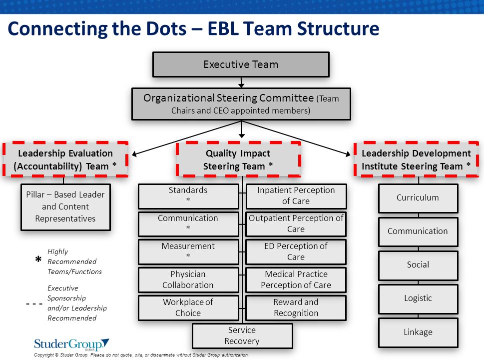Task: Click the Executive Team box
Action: pyautogui.click(x=241, y=64)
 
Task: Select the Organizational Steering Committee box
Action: pyautogui.click(x=241, y=104)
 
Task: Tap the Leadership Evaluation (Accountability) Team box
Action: pyautogui.click(x=65, y=159)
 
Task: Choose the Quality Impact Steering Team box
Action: pyautogui.click(x=238, y=159)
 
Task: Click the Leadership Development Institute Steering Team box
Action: pyautogui.click(x=416, y=159)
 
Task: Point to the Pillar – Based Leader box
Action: pyautogui.click(x=65, y=207)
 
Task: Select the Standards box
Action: pyautogui.click(x=188, y=196)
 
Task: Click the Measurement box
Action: pyautogui.click(x=188, y=252)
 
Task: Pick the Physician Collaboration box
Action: pyautogui.click(x=188, y=279)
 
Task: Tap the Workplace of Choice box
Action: pyautogui.click(x=188, y=307)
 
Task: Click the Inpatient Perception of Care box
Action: pyautogui.click(x=296, y=196)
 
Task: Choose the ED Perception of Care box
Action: pyautogui.click(x=296, y=252)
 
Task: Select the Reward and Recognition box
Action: pyautogui.click(x=296, y=307)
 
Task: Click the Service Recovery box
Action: pyautogui.click(x=242, y=335)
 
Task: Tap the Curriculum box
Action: pyautogui.click(x=418, y=198)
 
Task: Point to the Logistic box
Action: pyautogui.click(x=418, y=298)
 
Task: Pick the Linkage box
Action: pyautogui.click(x=418, y=332)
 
